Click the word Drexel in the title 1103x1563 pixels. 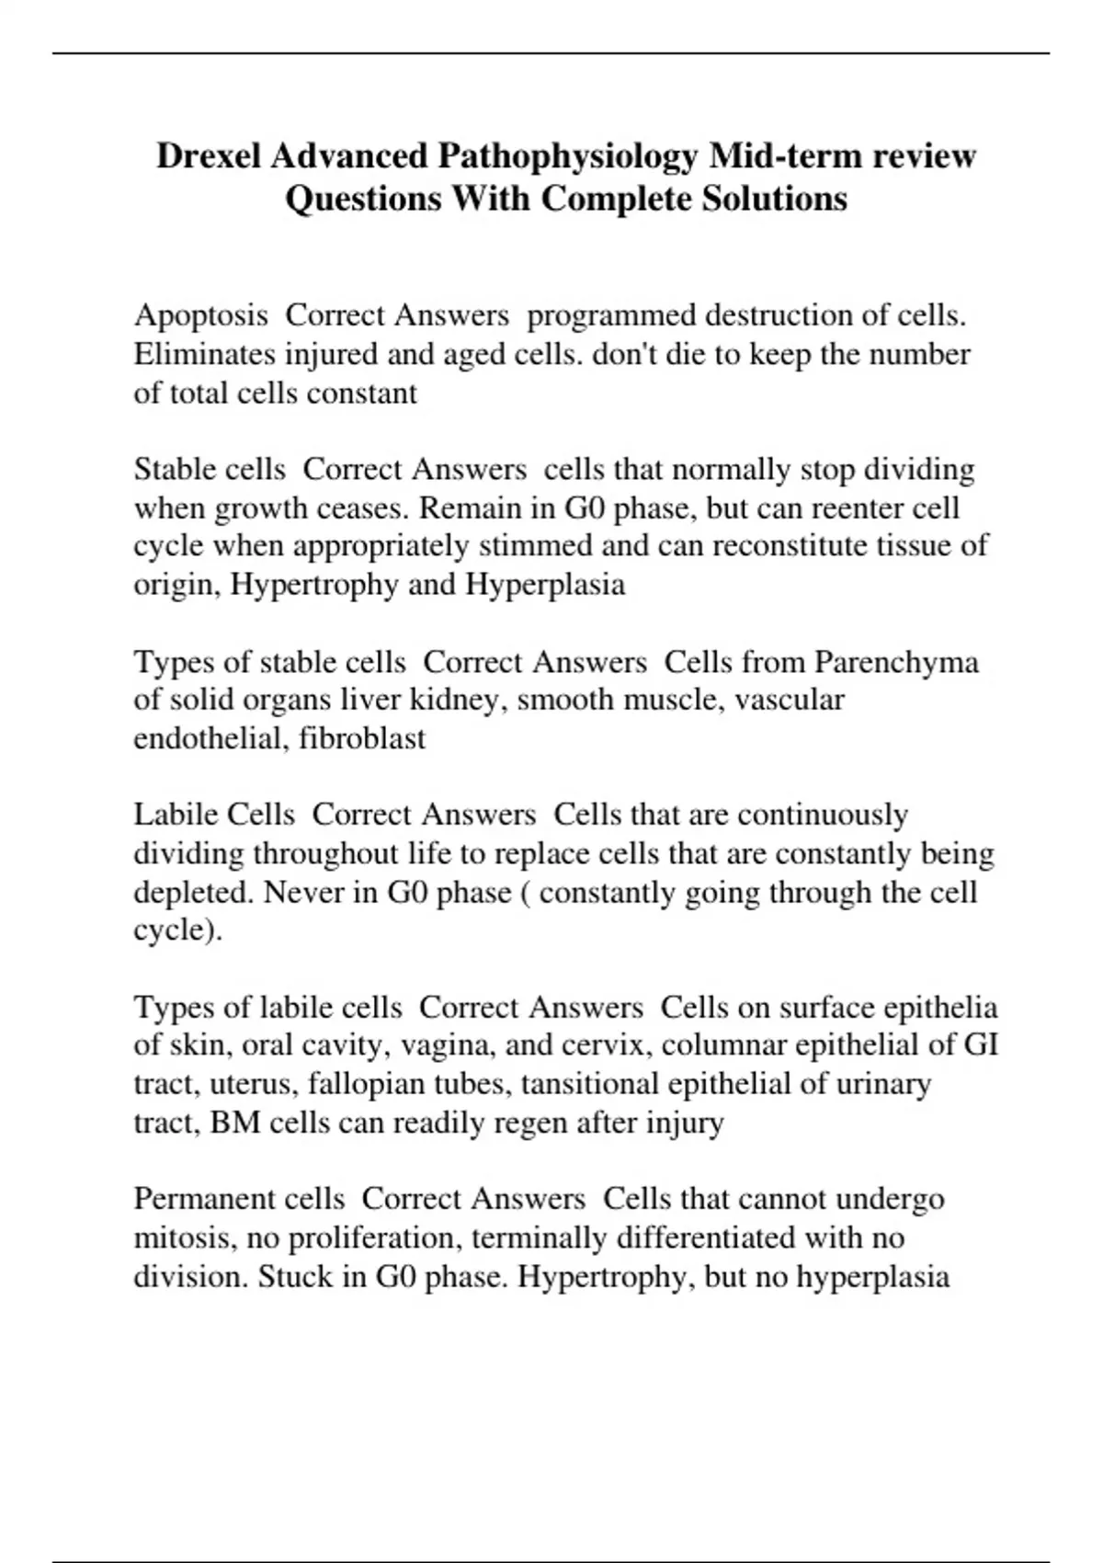210,157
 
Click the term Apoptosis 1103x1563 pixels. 200,315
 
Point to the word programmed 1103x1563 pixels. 611,315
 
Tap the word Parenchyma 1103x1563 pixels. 896,662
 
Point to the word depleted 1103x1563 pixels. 194,892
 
